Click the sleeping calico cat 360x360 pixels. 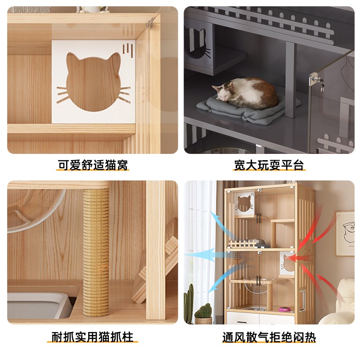245,92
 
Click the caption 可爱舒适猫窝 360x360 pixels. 92,165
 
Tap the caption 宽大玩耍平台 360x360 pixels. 269,165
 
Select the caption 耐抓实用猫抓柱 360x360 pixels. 92,337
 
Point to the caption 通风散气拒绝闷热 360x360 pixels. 269,337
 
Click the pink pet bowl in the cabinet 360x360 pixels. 284,310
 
